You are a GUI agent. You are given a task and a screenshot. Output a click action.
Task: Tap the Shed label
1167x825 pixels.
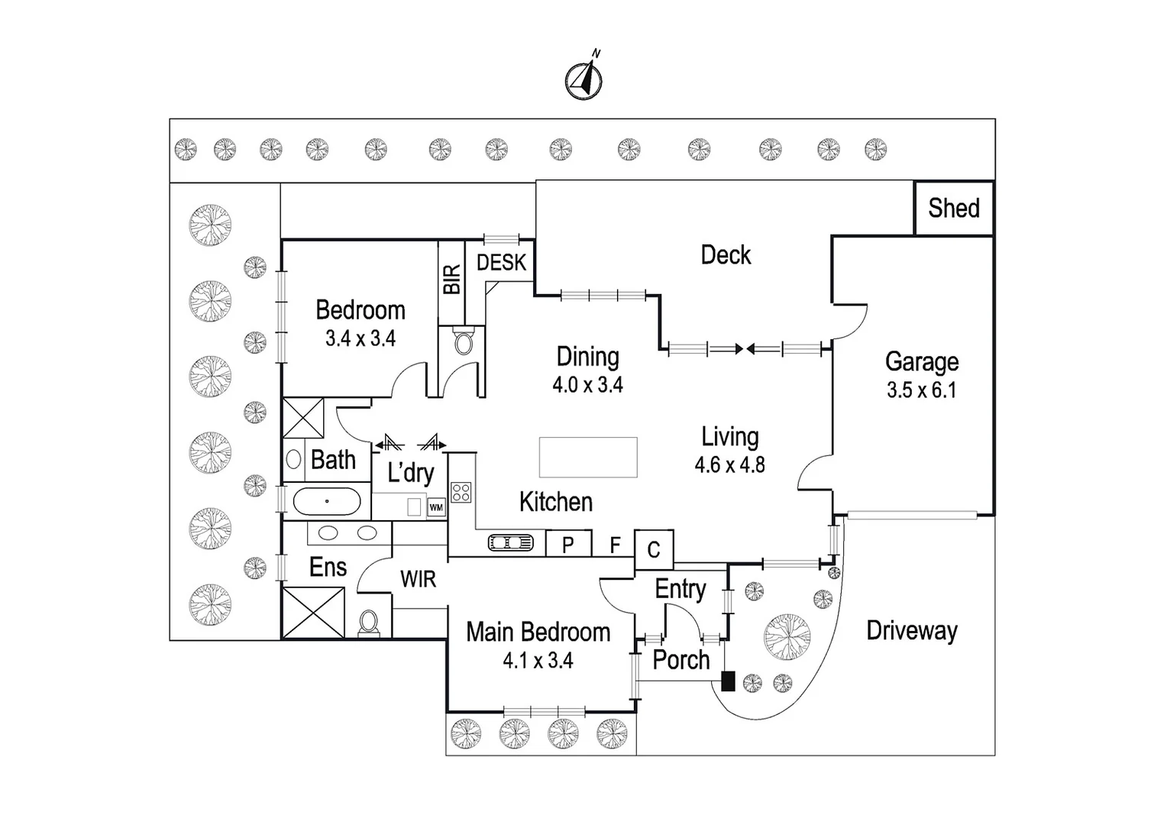954,208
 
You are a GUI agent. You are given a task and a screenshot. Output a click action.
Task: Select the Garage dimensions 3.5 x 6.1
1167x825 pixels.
921,390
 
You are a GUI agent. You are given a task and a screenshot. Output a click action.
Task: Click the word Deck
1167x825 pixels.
726,255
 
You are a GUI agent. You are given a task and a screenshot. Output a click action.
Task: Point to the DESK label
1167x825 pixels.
501,263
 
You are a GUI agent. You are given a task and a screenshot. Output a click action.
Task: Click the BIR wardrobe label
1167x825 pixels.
451,279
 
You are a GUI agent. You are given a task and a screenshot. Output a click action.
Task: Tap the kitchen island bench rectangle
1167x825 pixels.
587,457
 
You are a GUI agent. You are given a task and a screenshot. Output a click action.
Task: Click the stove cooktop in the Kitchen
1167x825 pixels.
461,492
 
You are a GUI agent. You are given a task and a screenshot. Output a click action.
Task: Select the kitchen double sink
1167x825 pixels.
511,543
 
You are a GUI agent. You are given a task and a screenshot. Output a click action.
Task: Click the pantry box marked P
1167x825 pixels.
568,545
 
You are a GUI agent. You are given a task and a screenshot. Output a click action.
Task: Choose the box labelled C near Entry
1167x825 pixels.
654,549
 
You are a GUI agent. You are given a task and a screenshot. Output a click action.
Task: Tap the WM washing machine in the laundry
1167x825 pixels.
436,507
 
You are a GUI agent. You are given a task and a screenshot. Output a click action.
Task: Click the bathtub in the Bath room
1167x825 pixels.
327,502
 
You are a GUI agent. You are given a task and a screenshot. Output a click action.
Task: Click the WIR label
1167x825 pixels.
419,580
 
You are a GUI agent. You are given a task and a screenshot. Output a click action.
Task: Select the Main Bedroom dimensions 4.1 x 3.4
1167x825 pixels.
538,661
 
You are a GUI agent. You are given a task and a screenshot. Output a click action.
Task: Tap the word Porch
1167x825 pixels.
680,660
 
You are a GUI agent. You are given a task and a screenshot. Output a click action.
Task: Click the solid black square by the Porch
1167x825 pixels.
728,681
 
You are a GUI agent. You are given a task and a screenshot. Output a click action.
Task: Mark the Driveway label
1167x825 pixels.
911,631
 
